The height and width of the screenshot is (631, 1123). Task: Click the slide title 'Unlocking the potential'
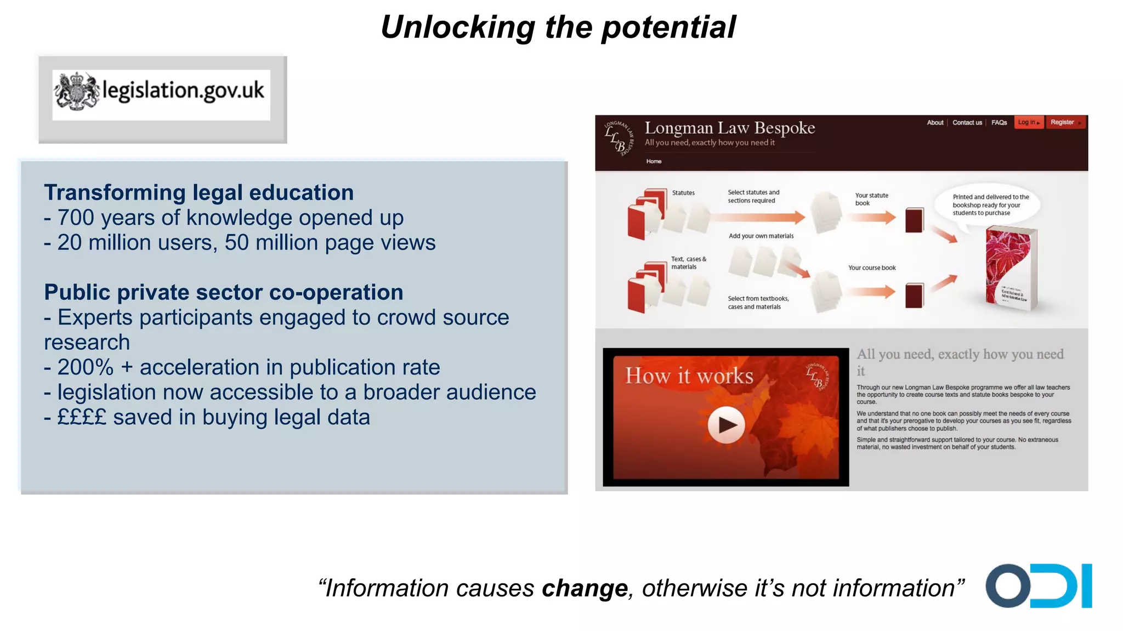558,27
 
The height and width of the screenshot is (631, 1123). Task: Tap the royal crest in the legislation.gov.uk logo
76,91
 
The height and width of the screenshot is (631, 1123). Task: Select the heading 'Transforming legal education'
198,192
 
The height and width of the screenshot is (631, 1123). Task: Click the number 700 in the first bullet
76,218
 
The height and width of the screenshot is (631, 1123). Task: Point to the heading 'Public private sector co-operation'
223,292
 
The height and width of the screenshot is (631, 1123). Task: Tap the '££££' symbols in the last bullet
82,417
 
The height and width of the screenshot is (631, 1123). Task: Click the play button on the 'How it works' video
725,425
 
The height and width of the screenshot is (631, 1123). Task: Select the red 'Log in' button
1028,122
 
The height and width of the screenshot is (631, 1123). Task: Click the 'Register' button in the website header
1065,122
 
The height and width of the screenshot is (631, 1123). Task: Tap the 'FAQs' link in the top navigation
999,122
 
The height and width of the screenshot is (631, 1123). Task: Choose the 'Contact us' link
967,122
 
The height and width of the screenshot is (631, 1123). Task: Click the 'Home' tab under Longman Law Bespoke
654,161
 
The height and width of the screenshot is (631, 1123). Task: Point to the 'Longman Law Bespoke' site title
729,128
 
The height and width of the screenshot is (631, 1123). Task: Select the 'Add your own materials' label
761,236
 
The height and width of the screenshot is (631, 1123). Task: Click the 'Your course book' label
871,268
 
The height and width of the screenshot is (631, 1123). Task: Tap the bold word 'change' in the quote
584,588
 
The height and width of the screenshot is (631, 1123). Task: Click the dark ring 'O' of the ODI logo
1008,585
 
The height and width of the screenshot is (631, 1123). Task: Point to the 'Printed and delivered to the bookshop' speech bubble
990,204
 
